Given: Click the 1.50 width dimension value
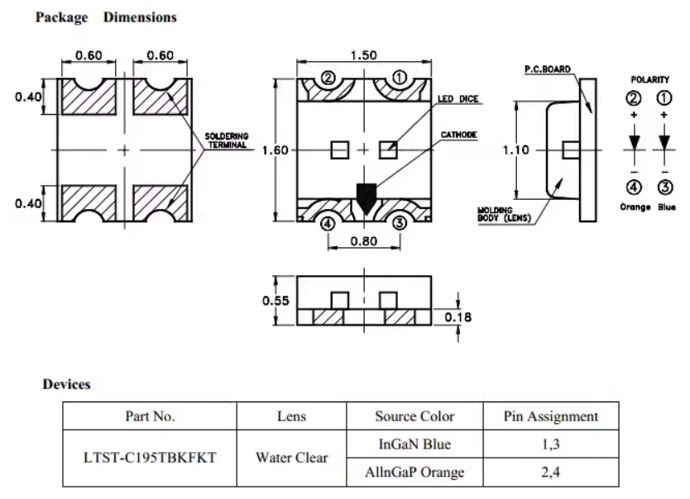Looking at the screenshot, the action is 363,55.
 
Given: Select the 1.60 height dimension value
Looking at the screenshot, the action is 275,150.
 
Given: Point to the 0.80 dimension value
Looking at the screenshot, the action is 364,241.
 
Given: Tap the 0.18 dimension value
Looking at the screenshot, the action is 458,317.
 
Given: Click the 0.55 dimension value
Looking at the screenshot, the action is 276,301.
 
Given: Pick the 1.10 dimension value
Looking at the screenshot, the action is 515,150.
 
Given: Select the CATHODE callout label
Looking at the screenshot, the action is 459,135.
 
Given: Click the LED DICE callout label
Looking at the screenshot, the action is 458,99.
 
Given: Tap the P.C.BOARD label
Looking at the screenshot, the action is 548,69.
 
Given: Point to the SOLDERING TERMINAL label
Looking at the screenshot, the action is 227,140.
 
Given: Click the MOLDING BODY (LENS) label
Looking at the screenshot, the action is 505,214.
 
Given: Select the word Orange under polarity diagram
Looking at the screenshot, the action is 635,207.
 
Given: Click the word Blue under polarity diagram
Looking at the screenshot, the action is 667,207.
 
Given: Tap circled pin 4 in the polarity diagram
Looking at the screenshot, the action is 634,188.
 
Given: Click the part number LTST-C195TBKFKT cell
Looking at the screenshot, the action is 150,458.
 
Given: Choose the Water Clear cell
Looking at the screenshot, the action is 292,458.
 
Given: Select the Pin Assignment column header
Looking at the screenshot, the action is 551,416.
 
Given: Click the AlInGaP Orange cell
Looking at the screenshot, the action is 414,473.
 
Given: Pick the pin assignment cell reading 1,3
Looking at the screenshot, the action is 550,444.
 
